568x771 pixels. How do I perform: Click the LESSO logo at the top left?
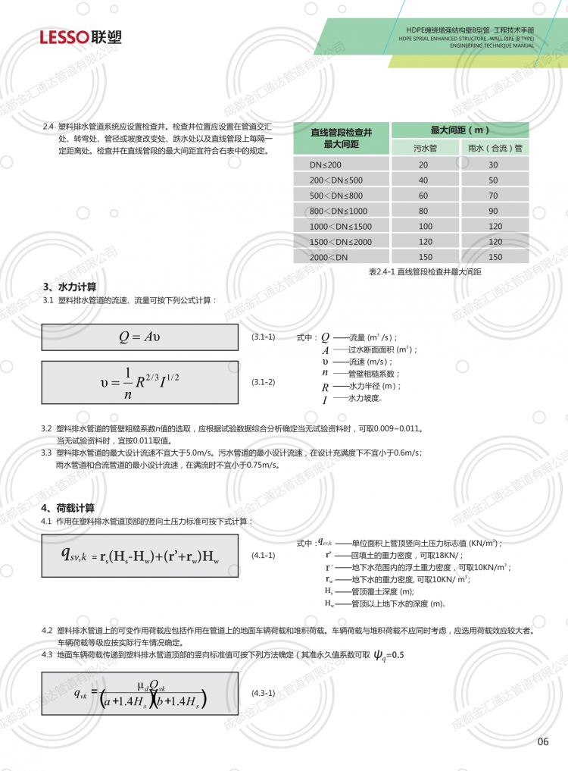click(x=81, y=37)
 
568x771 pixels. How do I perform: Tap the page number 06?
click(x=542, y=741)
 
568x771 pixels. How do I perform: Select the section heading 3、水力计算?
click(x=70, y=287)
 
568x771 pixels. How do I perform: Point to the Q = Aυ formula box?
click(x=139, y=337)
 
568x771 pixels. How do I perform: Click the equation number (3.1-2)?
click(x=263, y=382)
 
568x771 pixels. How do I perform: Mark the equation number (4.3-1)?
click(x=263, y=693)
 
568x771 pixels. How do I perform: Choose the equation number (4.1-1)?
click(x=263, y=556)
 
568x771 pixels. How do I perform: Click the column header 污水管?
click(x=423, y=148)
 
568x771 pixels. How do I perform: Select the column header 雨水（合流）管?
click(x=495, y=148)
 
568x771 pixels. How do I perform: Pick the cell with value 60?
click(x=423, y=196)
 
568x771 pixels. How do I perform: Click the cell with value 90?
click(x=494, y=211)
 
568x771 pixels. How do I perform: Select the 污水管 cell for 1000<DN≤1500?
click(x=424, y=226)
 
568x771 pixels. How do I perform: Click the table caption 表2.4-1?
click(x=424, y=271)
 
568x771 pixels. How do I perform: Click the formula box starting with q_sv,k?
click(x=139, y=556)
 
